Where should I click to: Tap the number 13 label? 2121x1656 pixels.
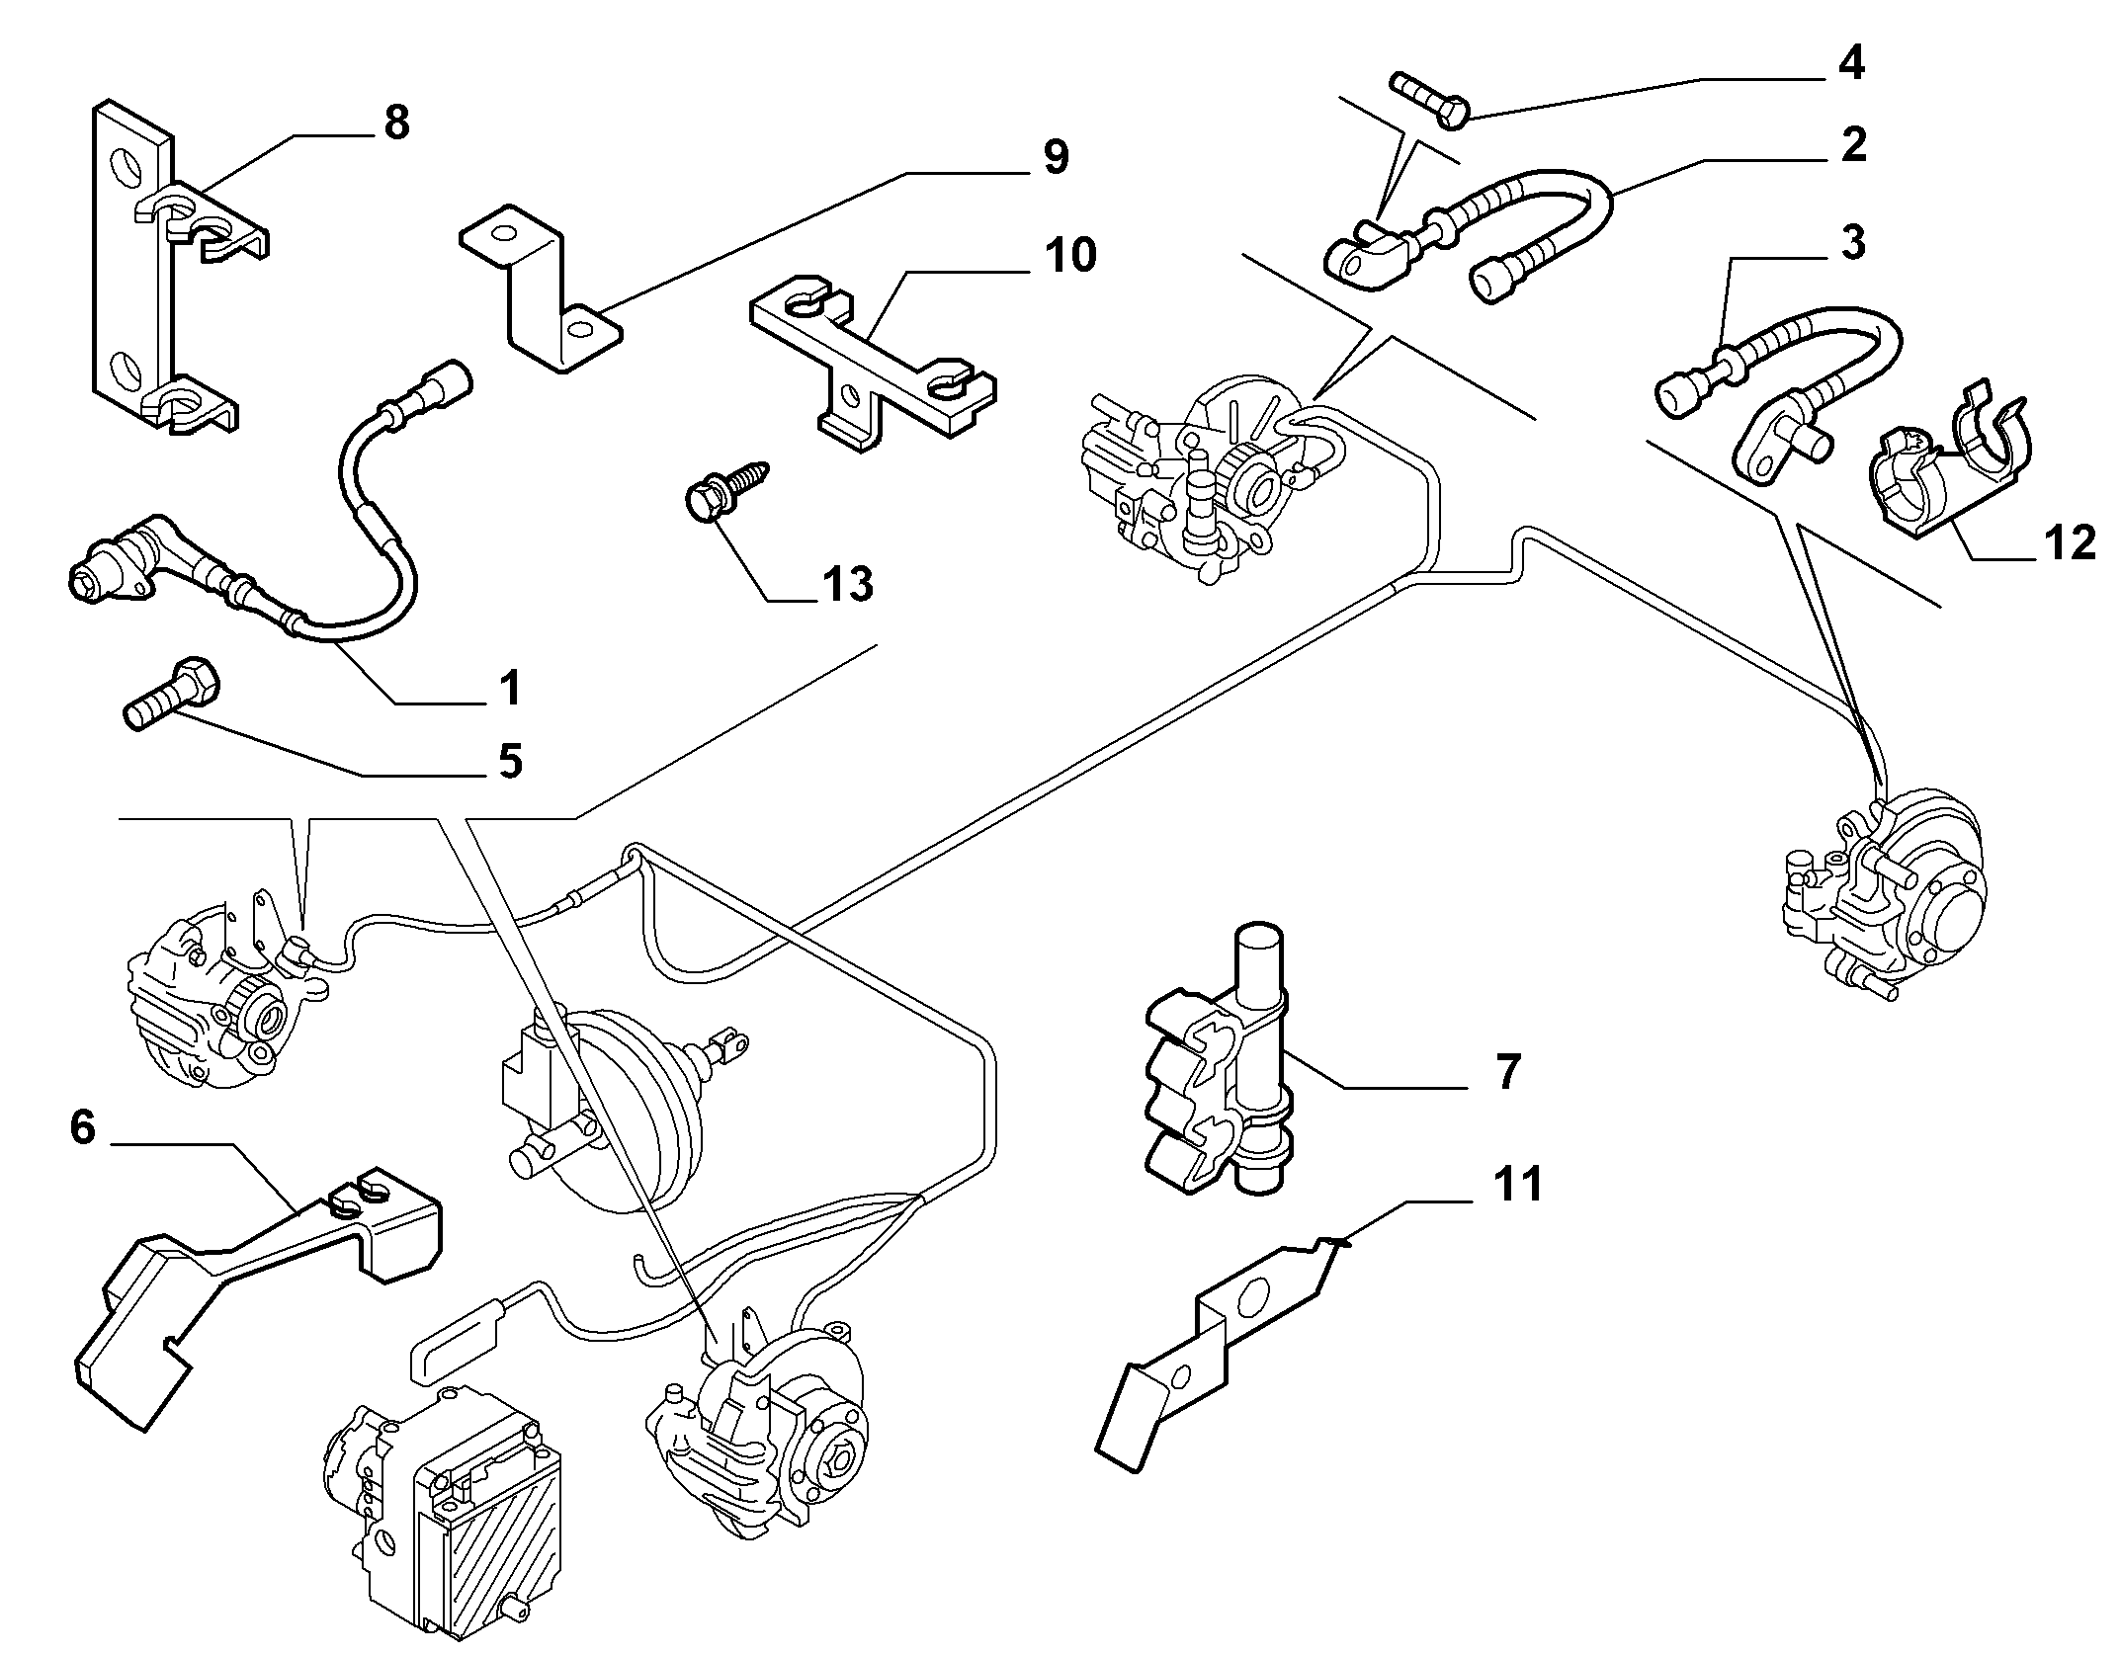(x=848, y=584)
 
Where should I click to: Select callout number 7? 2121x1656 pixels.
(x=1506, y=1072)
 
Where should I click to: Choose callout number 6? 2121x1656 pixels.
(x=83, y=1126)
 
